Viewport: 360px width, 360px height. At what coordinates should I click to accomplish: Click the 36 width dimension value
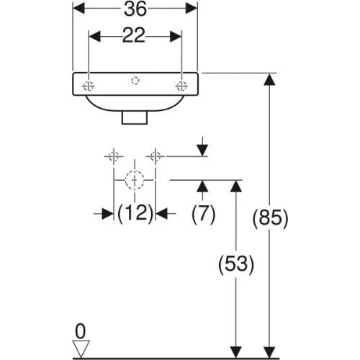pos(135,9)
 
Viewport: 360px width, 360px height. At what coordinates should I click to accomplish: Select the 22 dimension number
pos(134,35)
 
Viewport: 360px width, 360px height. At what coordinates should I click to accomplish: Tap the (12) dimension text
pos(135,213)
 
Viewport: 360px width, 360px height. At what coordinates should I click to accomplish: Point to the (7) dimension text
pos(204,214)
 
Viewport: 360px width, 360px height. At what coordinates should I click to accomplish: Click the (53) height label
pos(236,264)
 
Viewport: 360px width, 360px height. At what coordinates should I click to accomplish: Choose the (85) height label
pos(270,218)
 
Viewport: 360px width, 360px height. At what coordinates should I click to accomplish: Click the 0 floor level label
pos(80,331)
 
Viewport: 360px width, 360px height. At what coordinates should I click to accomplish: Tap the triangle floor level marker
pos(81,348)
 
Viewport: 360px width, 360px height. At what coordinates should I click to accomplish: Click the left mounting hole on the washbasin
pos(89,86)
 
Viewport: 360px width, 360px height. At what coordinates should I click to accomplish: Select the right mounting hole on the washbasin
pos(181,86)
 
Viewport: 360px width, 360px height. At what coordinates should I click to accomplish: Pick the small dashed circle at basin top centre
pos(135,81)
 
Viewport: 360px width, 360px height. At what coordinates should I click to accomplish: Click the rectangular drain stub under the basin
pos(135,117)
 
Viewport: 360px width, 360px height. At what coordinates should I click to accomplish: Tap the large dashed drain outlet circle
pos(135,180)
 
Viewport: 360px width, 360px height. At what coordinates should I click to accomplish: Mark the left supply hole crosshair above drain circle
pos(114,156)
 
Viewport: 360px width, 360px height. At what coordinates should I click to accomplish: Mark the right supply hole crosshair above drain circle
pos(156,156)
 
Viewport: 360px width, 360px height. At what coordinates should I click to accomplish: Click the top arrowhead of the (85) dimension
pos(269,79)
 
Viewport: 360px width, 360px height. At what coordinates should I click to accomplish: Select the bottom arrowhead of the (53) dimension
pos(236,352)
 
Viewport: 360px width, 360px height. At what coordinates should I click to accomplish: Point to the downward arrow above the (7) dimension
pos(203,146)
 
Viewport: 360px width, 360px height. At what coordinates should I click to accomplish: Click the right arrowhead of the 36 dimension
pos(192,9)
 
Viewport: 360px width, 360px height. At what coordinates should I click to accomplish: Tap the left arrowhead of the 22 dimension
pos(94,37)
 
